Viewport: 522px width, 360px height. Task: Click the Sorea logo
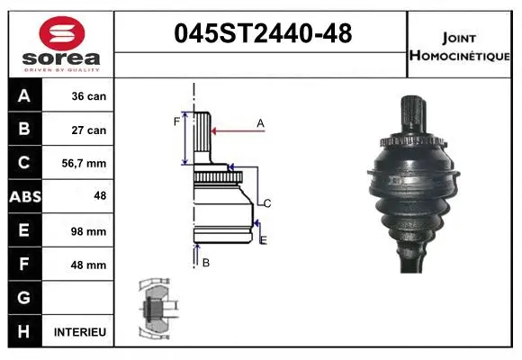pyautogui.click(x=59, y=43)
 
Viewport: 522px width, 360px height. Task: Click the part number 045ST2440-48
pyautogui.click(x=262, y=35)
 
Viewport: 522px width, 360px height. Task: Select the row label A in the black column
pyautogui.click(x=23, y=96)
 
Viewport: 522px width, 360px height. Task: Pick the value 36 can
pyautogui.click(x=89, y=96)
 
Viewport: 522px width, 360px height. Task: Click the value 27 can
pyautogui.click(x=89, y=130)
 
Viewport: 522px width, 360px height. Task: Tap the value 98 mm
pyautogui.click(x=89, y=231)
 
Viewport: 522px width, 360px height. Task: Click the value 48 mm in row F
pyautogui.click(x=89, y=265)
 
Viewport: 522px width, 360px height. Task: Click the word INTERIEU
pyautogui.click(x=80, y=332)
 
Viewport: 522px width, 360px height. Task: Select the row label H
pyautogui.click(x=23, y=332)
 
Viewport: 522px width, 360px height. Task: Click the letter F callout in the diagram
pyautogui.click(x=176, y=121)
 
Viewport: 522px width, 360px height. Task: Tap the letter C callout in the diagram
pyautogui.click(x=267, y=202)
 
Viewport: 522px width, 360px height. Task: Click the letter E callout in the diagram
pyautogui.click(x=263, y=239)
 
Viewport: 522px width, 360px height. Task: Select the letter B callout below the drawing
pyautogui.click(x=205, y=262)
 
